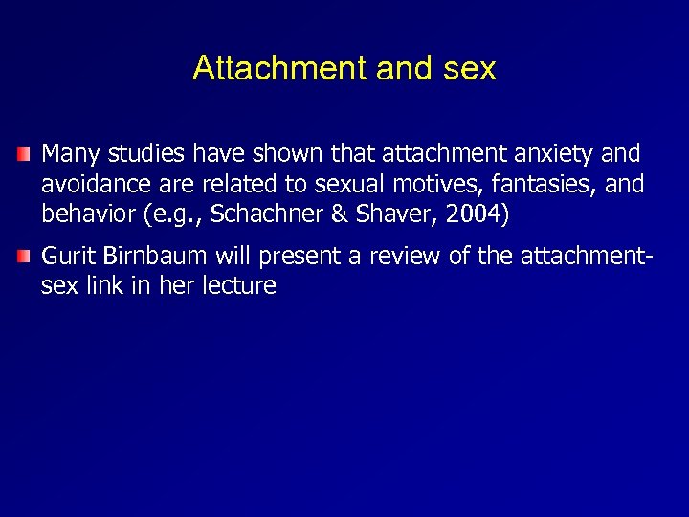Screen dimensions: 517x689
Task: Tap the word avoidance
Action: coord(91,184)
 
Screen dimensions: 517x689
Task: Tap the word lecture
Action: coord(238,286)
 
